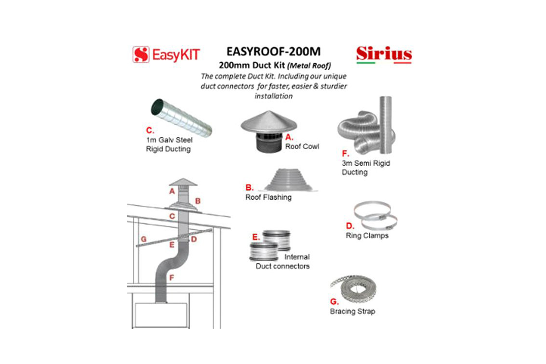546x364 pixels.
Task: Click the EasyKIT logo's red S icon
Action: pyautogui.click(x=141, y=55)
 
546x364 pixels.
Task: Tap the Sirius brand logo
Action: pyautogui.click(x=384, y=54)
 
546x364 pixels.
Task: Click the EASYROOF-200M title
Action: pyautogui.click(x=273, y=51)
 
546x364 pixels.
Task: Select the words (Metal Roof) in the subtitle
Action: pyautogui.click(x=309, y=66)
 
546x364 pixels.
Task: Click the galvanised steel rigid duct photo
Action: pyautogui.click(x=181, y=117)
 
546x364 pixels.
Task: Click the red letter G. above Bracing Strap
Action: pyautogui.click(x=334, y=301)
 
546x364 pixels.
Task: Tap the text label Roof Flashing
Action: pyautogui.click(x=268, y=197)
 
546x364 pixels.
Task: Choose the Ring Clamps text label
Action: pyautogui.click(x=367, y=236)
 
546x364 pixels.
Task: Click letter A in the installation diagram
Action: pyautogui.click(x=172, y=191)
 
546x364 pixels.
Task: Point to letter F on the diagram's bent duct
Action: pyautogui.click(x=172, y=278)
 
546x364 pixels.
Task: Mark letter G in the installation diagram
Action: pyautogui.click(x=143, y=239)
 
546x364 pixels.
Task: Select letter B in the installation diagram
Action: pyautogui.click(x=198, y=201)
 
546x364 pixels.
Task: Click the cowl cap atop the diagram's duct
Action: pyautogui.click(x=183, y=182)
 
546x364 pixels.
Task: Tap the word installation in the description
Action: pyautogui.click(x=273, y=96)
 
